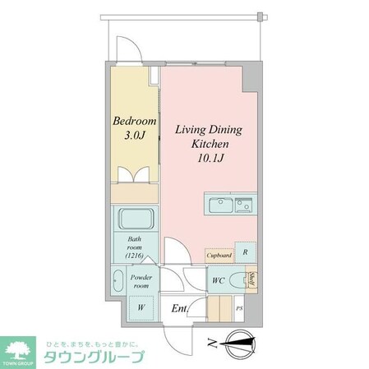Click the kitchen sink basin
(x=218, y=205)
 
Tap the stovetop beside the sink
(x=243, y=205)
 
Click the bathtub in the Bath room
(x=133, y=221)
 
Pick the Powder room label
(x=141, y=282)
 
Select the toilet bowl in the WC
(x=238, y=281)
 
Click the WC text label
(x=218, y=281)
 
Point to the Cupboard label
(x=218, y=256)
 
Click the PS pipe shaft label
(x=240, y=309)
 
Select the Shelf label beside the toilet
(x=254, y=280)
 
